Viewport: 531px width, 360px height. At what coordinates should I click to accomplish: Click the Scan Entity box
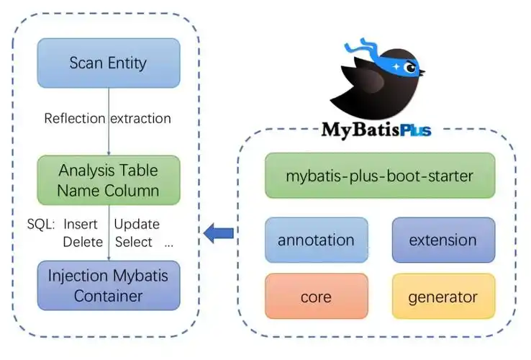(x=108, y=63)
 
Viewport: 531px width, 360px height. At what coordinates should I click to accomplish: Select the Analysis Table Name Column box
(x=108, y=181)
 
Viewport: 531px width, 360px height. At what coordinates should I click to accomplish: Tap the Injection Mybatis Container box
(x=108, y=285)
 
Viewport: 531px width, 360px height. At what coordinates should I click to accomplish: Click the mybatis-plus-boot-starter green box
(x=379, y=175)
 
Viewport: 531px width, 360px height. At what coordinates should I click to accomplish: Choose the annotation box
(x=316, y=240)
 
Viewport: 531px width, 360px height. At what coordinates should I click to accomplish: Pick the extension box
(x=442, y=240)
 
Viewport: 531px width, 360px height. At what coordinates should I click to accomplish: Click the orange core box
(x=316, y=296)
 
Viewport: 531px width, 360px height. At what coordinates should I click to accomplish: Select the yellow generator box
(x=442, y=296)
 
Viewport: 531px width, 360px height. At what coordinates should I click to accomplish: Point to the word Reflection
(x=75, y=118)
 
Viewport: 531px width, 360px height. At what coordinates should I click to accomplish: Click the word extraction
(x=141, y=118)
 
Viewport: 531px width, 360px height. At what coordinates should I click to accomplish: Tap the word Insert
(x=81, y=224)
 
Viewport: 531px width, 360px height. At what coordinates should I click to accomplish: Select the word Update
(x=137, y=224)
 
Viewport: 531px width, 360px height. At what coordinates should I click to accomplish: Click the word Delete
(x=83, y=242)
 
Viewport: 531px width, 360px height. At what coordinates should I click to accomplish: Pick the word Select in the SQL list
(x=133, y=242)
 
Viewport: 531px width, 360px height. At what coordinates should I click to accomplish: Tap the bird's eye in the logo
(x=411, y=68)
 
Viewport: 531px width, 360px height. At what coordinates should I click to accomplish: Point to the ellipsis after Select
(x=169, y=244)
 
